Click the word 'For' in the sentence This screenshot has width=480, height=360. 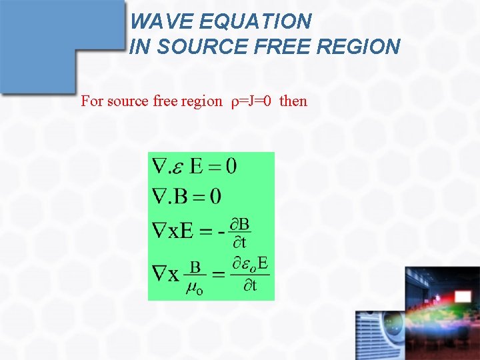[x=92, y=101]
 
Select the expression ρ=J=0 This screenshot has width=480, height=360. [x=251, y=101]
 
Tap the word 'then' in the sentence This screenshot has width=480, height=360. [x=293, y=101]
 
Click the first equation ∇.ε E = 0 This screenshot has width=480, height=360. [x=194, y=165]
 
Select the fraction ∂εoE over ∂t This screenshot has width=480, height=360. [x=250, y=273]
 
